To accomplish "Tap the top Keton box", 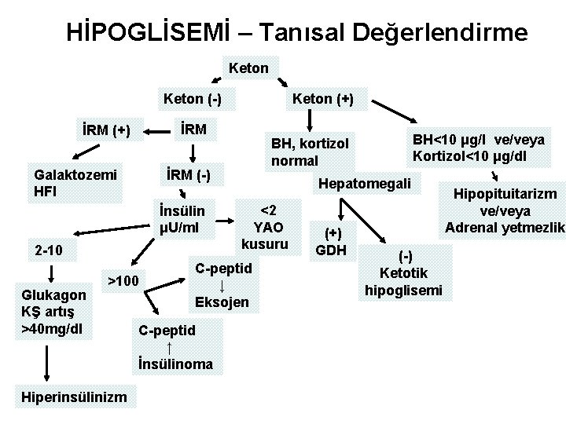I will coord(248,68).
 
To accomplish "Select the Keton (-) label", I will coord(191,99).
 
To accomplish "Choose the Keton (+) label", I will coord(322,99).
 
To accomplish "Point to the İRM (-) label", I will coord(191,174).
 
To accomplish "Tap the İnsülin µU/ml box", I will coord(182,220).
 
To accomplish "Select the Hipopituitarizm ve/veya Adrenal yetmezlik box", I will coord(503,210).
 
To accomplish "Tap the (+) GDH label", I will coord(334,242).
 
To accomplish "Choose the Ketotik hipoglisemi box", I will coord(404,273).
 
